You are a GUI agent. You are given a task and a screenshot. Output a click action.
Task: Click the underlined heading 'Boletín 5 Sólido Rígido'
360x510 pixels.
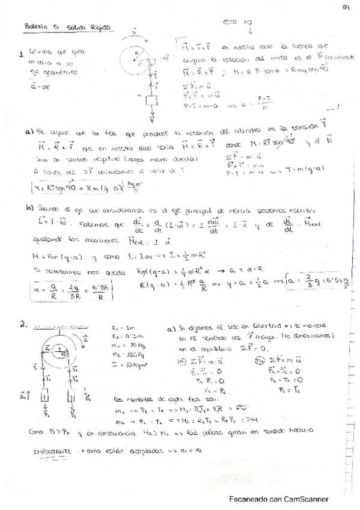[x=68, y=27]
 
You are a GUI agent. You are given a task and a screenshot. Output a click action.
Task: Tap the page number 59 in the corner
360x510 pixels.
[x=347, y=7]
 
